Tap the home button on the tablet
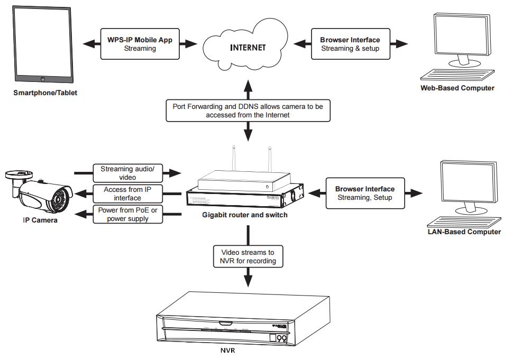tap(42, 79)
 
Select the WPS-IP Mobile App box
tap(140, 44)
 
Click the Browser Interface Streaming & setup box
tap(350, 44)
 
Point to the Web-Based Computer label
tap(457, 88)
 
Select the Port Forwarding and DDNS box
tap(248, 110)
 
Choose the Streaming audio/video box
tap(127, 173)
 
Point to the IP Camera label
tap(40, 220)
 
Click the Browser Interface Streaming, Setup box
tap(364, 193)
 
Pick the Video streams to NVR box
tap(248, 256)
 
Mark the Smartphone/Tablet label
tap(45, 93)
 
